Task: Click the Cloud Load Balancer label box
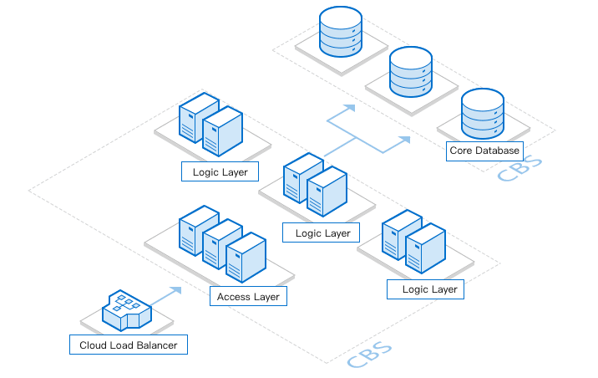point(128,345)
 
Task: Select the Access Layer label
point(248,297)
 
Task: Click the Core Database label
point(484,151)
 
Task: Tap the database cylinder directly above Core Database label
point(483,115)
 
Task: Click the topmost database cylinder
point(341,31)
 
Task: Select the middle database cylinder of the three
point(411,73)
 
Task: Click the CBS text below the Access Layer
point(370,355)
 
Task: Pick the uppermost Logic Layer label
point(220,172)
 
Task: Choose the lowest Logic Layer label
point(425,289)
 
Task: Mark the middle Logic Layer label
point(322,233)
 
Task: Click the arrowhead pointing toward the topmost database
point(351,108)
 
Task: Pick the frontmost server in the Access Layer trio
point(246,258)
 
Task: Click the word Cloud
point(93,345)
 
